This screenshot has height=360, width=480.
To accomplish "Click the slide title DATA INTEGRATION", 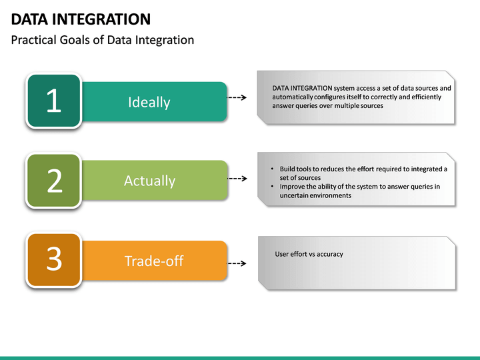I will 81,19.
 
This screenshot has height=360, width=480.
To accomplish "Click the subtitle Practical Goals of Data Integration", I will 103,40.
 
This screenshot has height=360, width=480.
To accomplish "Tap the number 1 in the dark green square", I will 54,101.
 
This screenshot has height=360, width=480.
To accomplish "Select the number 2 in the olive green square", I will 54,181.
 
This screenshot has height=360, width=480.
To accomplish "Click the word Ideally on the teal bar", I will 149,102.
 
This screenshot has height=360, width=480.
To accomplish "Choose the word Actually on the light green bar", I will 149,181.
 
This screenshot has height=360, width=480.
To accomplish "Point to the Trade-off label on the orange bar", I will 154,261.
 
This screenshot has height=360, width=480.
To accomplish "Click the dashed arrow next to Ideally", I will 237,97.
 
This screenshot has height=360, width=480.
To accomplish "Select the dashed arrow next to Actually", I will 237,179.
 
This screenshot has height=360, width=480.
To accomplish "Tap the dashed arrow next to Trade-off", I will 237,263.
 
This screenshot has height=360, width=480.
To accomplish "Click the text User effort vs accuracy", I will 309,254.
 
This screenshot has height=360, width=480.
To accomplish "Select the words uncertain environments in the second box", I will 315,195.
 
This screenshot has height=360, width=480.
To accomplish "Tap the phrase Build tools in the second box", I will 296,169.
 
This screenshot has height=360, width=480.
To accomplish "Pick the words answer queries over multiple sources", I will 327,105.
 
